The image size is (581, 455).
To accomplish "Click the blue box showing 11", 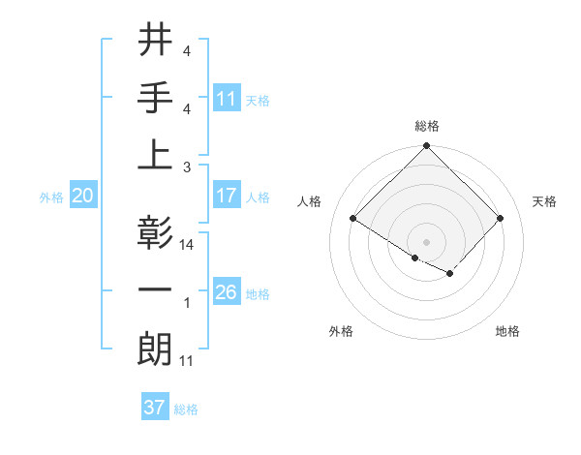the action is [x=227, y=98].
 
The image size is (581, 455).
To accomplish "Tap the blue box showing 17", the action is [x=227, y=196].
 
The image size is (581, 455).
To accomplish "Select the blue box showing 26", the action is [x=227, y=292].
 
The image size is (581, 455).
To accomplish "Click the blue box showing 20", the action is [x=82, y=196].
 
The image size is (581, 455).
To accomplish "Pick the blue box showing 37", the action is [x=155, y=408].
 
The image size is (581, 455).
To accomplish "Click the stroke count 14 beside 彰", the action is [x=187, y=245].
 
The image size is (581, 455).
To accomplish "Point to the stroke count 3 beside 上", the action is [x=187, y=167].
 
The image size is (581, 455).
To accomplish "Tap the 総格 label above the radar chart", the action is [x=426, y=126].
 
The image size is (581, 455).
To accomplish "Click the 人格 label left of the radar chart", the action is [x=310, y=201].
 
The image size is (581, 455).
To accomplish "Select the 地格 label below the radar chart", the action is [x=507, y=331].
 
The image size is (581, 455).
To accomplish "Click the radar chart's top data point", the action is [x=426, y=147].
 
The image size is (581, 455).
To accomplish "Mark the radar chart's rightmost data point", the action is [x=501, y=219].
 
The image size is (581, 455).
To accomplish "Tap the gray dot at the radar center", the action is [x=426, y=240].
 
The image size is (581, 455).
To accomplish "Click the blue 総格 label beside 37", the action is [x=186, y=409].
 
